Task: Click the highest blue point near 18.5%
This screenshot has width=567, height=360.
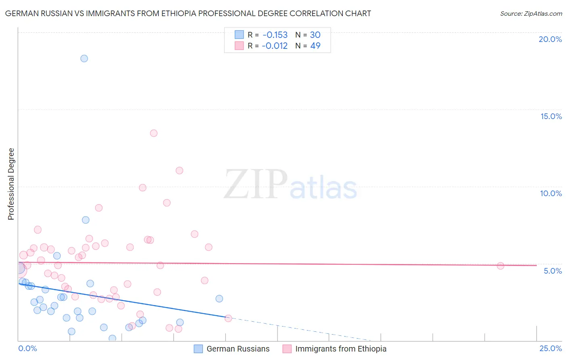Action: pos(84,59)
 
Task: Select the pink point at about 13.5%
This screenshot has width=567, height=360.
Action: pos(154,133)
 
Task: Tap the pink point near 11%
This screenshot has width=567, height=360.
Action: pos(179,171)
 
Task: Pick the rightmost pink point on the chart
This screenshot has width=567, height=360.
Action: pos(500,266)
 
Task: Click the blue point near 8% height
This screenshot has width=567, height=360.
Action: pos(85,220)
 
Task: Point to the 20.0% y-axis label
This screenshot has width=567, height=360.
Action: pos(550,39)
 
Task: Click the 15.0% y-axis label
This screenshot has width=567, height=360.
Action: pos(551,116)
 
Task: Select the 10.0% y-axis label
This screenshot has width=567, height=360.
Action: pos(551,193)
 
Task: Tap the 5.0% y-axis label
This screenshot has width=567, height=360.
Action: pos(552,271)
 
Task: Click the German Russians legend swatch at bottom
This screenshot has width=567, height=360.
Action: pos(198,349)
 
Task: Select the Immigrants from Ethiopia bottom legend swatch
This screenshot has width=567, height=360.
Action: pos(287,349)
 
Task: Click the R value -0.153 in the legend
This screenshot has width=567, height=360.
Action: pos(275,35)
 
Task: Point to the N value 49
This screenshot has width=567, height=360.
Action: pos(315,46)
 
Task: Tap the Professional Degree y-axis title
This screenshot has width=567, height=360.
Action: pos(11,184)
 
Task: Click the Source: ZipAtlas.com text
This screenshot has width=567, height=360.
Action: pos(531,14)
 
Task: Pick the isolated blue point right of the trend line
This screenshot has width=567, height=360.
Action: pos(219,299)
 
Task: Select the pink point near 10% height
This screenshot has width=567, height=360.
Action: pos(142,188)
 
